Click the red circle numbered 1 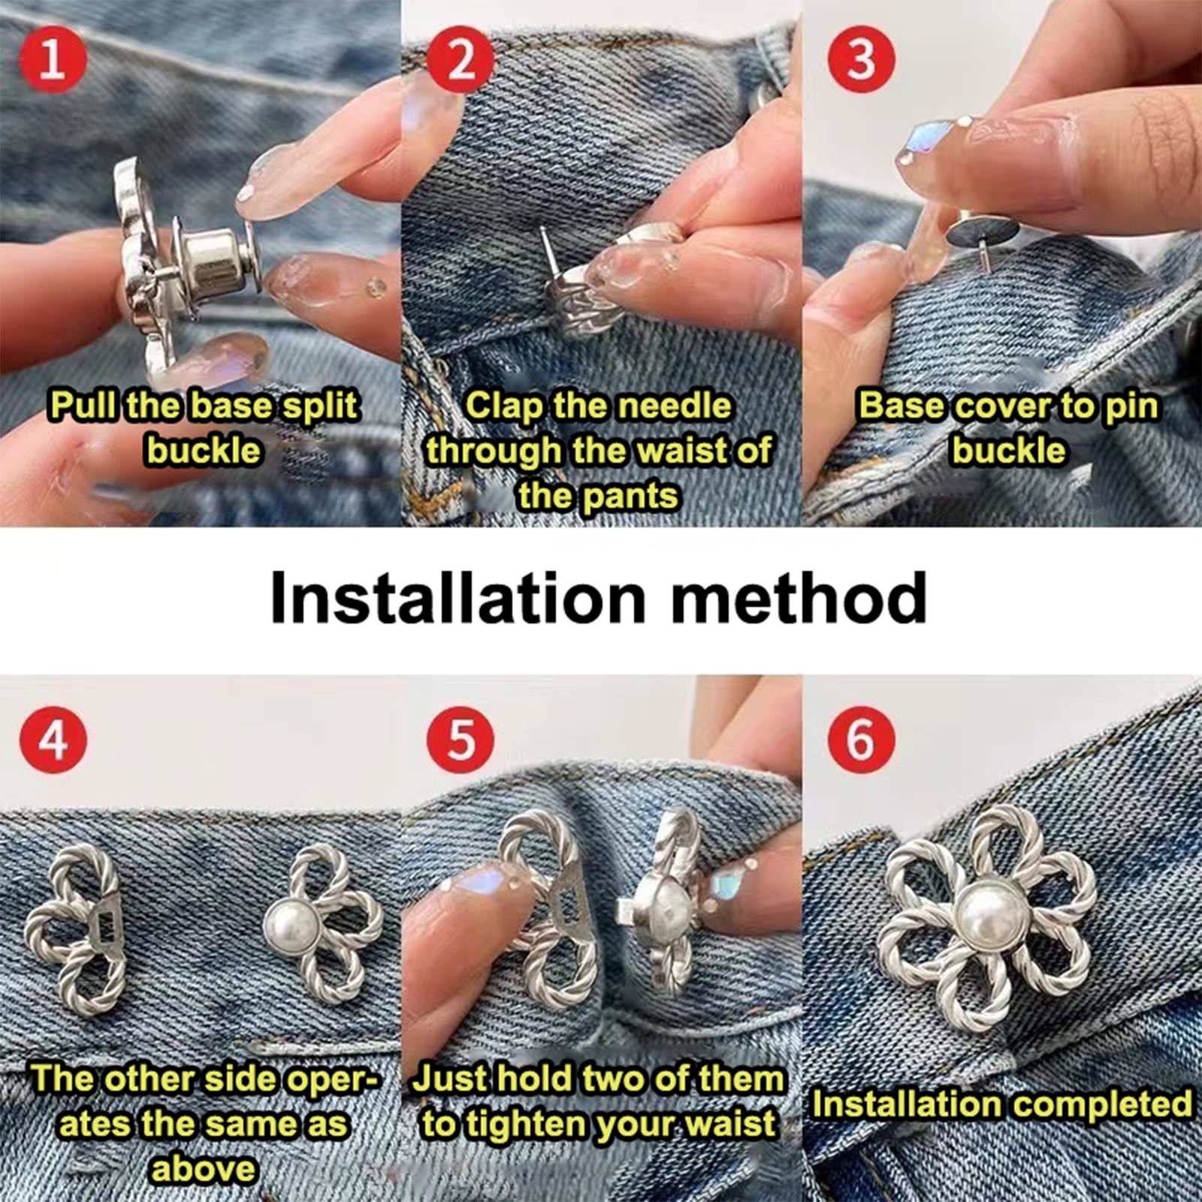pyautogui.click(x=53, y=59)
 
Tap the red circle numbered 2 pyautogui.click(x=461, y=59)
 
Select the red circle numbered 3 pyautogui.click(x=862, y=59)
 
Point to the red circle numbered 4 pyautogui.click(x=53, y=739)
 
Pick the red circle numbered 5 pyautogui.click(x=461, y=739)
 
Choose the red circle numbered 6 pyautogui.click(x=862, y=739)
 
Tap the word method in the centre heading pyautogui.click(x=799, y=598)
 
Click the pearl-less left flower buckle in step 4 pyautogui.click(x=75, y=929)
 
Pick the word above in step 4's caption pyautogui.click(x=204, y=1170)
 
